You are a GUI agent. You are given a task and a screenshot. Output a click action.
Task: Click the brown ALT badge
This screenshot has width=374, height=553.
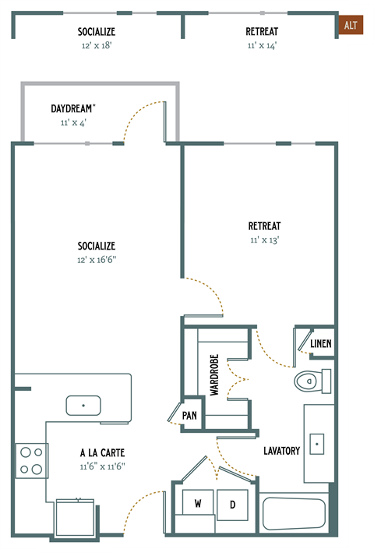351,26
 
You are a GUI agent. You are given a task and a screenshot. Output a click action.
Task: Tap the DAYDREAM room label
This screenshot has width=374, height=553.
73,109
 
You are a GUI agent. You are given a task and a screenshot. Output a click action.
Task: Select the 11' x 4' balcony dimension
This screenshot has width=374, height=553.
73,122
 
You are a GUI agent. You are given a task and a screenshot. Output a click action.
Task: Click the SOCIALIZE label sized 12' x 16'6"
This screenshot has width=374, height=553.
97,246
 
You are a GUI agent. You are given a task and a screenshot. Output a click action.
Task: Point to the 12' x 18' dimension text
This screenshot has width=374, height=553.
97,45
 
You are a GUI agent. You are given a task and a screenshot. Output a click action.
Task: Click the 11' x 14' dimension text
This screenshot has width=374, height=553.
261,45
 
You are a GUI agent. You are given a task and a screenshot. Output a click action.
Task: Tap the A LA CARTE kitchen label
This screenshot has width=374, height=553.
102,452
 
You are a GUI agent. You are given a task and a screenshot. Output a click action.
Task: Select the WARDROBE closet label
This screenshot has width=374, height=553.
214,376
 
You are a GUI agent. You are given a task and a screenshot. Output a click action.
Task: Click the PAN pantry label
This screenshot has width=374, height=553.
189,416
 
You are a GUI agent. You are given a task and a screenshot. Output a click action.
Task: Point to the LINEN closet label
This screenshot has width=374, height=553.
320,343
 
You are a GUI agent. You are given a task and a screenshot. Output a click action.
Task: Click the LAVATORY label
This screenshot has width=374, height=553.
281,451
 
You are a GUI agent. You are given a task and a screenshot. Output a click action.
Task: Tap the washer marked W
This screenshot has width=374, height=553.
198,504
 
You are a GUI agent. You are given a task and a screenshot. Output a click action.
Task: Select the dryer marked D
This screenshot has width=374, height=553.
231,504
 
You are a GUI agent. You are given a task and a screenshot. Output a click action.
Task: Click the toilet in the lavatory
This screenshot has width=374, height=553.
310,381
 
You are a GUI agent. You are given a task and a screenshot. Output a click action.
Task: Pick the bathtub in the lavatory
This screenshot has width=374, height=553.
294,514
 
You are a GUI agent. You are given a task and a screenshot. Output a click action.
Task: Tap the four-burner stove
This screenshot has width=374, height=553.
31,460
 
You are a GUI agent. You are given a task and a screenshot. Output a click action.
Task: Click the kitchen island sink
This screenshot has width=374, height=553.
83,406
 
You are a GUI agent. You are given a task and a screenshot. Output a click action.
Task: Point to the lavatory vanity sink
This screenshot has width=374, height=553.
317,444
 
